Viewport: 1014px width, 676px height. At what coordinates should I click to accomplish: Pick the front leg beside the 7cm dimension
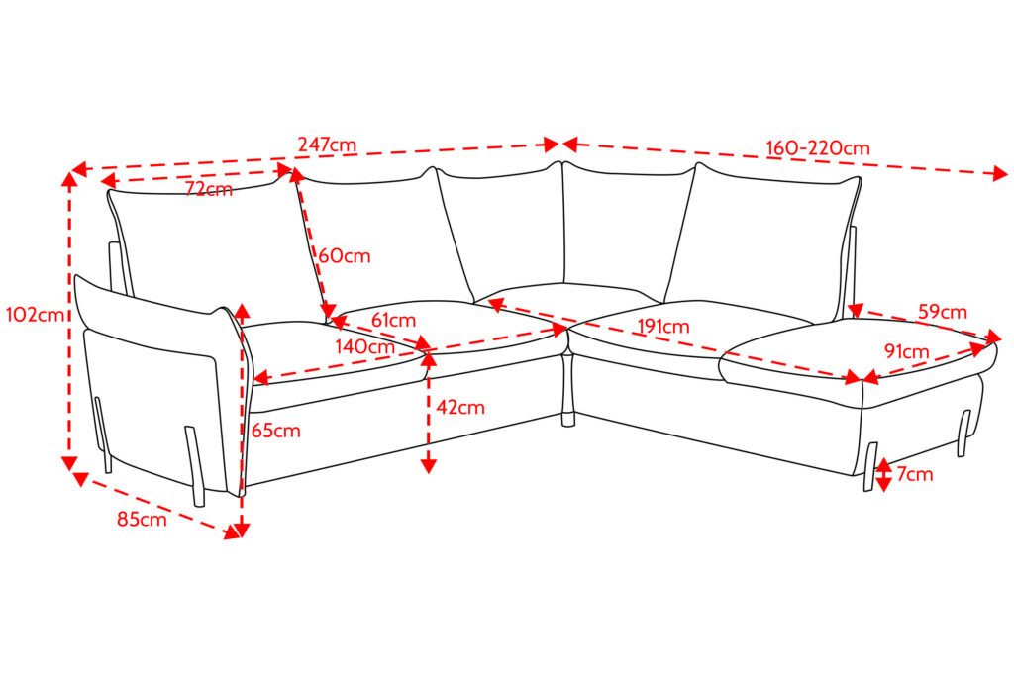[x=869, y=466]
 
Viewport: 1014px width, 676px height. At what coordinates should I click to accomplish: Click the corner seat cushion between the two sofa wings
[x=569, y=304]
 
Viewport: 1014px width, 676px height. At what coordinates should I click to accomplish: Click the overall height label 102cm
[x=35, y=315]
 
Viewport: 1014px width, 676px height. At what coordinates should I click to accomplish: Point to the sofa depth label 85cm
[x=142, y=519]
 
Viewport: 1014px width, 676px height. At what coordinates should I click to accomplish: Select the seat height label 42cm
[x=460, y=407]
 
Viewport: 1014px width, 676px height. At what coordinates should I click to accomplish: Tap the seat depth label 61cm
[x=393, y=320]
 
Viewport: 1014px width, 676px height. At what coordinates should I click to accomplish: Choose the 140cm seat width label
[x=364, y=346]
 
